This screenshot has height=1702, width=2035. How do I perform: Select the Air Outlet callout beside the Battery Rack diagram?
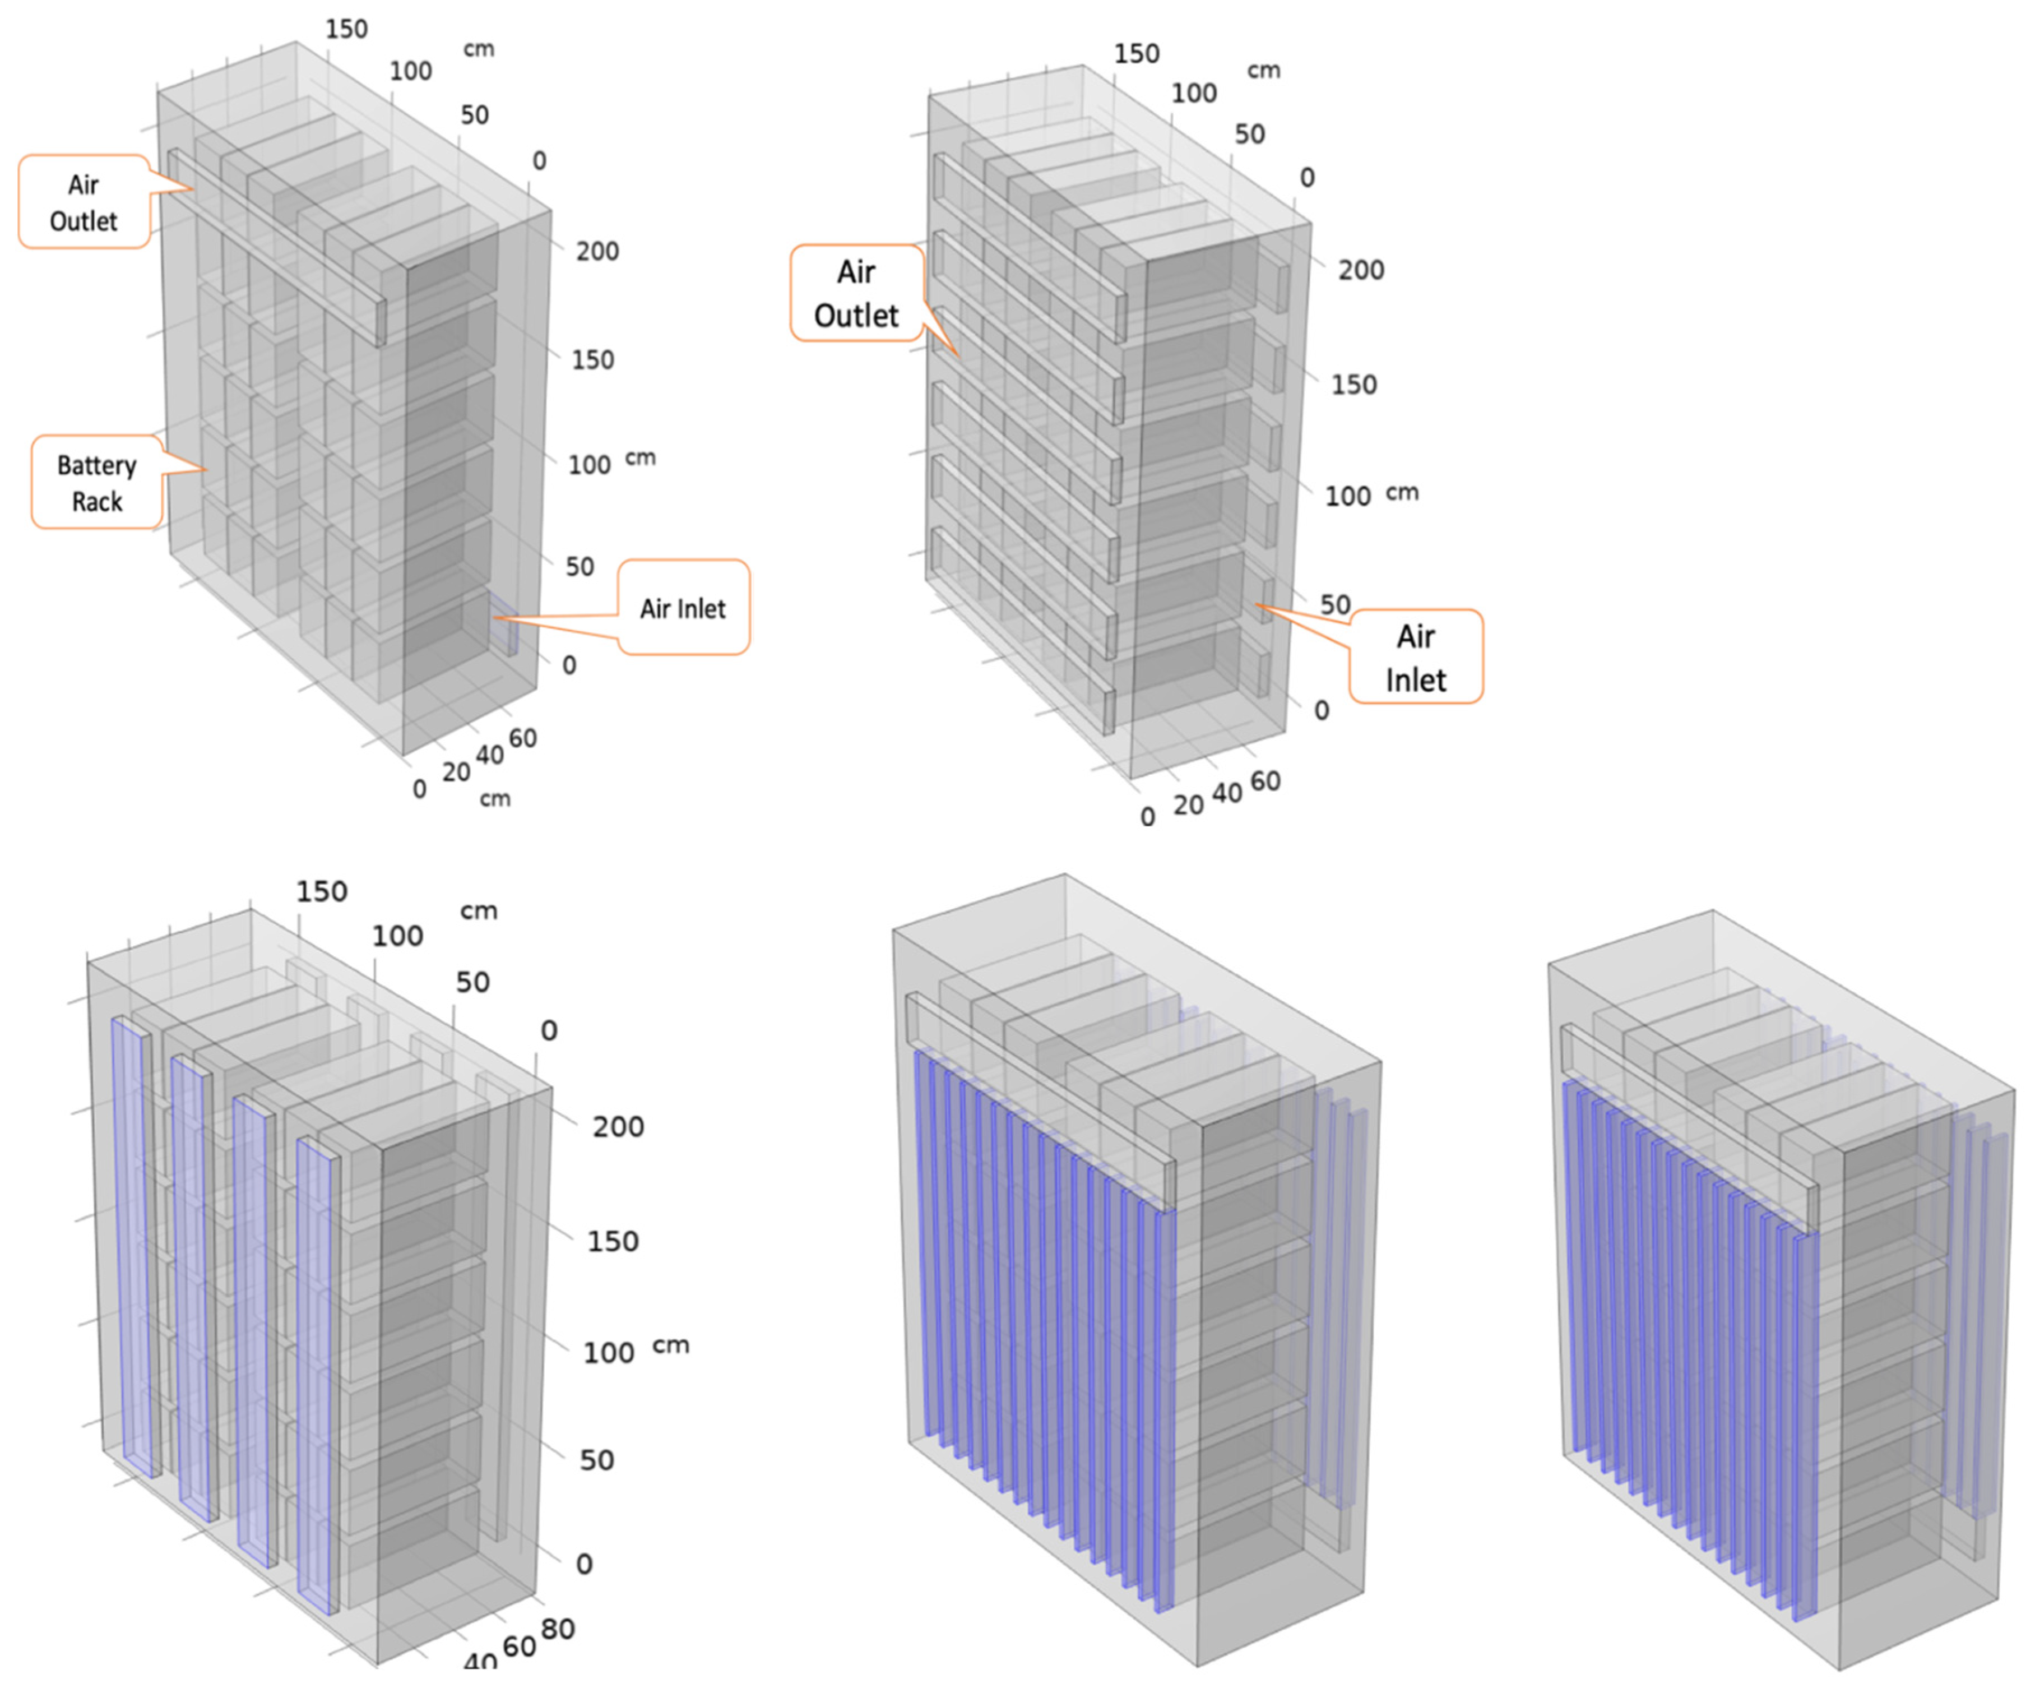84,202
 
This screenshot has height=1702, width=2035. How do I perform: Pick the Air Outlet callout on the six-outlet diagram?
856,293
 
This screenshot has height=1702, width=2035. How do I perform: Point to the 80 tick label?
558,1629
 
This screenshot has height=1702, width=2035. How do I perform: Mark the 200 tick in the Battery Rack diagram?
597,251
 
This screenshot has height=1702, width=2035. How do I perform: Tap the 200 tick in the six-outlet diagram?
1361,270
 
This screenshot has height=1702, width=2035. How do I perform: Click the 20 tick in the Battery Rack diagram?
456,773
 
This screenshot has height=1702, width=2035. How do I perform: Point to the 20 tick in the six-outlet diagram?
1188,804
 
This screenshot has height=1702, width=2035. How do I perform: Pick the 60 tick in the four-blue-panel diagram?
520,1646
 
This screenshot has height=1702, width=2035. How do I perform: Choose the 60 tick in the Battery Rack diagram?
522,738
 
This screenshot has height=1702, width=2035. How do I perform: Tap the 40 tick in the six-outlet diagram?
1227,793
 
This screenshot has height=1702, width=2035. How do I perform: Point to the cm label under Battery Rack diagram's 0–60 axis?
495,799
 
